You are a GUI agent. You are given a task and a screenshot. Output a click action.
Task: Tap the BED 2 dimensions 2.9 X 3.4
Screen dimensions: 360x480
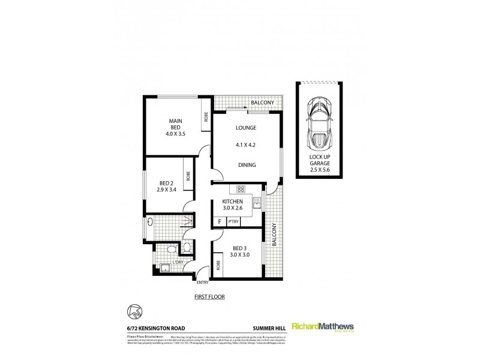(x=167, y=188)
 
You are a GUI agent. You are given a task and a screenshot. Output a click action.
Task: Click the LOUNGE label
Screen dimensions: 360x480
(x=246, y=128)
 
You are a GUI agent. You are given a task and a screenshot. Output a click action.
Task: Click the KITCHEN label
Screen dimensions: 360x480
(x=232, y=202)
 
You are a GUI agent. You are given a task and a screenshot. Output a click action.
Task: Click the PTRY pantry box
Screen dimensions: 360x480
(x=232, y=222)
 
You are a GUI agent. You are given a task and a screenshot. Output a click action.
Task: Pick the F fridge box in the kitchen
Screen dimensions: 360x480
(x=219, y=222)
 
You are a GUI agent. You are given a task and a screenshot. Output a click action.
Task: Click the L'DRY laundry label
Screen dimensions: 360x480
(x=178, y=262)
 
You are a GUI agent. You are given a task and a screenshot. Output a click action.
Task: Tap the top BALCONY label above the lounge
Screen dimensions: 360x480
(x=263, y=103)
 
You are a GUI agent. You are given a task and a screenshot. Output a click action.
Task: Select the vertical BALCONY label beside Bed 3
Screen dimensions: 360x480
(x=273, y=235)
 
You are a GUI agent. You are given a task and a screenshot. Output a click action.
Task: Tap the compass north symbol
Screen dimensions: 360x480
(x=136, y=311)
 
